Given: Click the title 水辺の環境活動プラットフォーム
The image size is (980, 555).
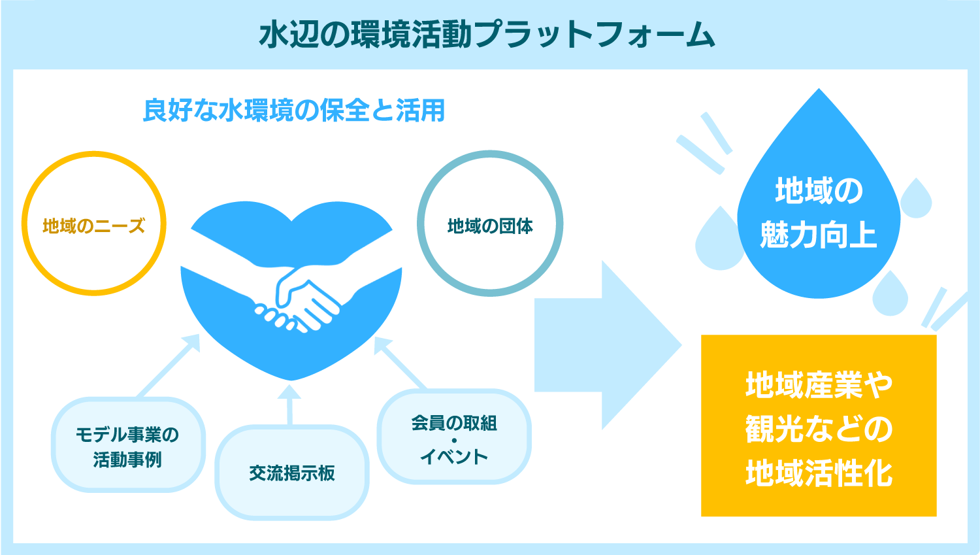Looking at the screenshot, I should (487, 34).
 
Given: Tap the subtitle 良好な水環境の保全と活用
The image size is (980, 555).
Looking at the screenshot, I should (294, 110).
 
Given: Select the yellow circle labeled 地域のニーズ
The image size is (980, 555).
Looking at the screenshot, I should (94, 224).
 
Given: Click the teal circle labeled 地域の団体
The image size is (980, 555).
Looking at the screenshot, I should (490, 224).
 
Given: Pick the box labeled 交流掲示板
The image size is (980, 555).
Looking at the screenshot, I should (292, 473).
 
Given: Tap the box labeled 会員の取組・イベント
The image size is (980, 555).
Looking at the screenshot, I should (454, 437).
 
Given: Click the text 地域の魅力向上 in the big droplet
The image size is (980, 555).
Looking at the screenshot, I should (818, 212).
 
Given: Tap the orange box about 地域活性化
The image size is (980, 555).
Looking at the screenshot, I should (818, 426).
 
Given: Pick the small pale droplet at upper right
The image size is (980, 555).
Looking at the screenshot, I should (916, 199).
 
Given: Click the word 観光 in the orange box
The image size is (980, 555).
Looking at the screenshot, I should (775, 429).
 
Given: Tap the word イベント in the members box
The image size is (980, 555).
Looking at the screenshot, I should (454, 456).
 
